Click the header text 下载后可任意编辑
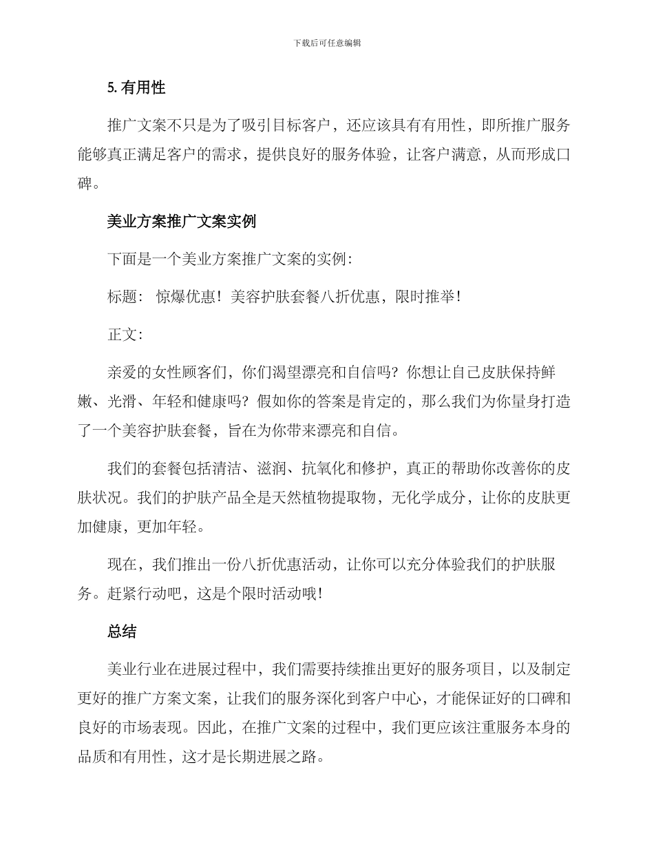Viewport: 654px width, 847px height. coord(327,43)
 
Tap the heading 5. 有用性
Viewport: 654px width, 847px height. coord(136,87)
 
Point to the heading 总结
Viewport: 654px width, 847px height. coord(122,631)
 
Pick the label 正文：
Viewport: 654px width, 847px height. coord(125,335)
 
